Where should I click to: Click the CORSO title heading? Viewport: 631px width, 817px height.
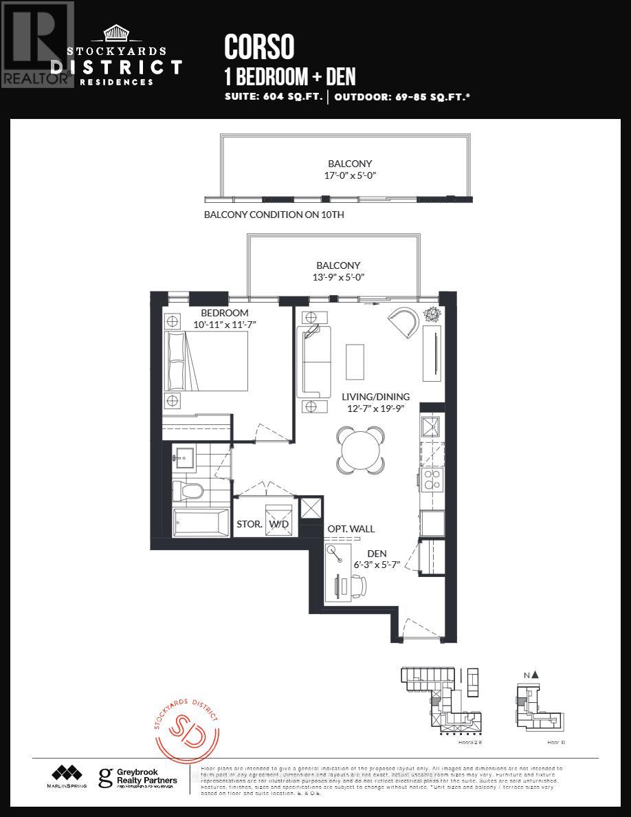coord(259,47)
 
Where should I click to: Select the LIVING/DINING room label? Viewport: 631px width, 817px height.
coord(375,397)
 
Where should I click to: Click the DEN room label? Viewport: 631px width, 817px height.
coord(377,553)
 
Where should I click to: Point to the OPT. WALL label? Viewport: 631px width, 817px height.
coord(351,529)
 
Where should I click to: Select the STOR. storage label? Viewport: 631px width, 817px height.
coord(250,523)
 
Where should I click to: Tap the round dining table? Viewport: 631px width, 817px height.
coord(361,450)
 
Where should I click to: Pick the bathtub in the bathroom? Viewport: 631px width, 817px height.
coord(201,523)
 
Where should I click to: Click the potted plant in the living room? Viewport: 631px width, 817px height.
coord(432,314)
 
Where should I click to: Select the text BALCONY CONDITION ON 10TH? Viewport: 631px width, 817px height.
coord(274,215)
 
